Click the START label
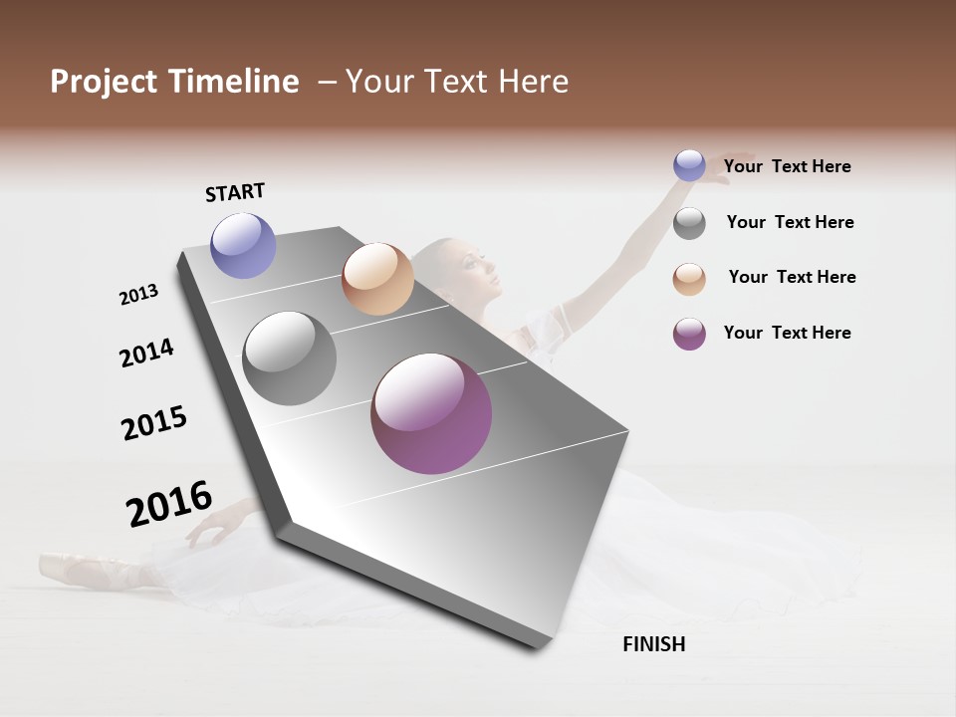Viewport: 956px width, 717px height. click(235, 192)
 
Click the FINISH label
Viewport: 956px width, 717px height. click(653, 644)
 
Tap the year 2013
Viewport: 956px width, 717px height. click(138, 294)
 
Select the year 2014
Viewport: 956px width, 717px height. click(146, 353)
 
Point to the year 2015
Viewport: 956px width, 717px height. click(154, 422)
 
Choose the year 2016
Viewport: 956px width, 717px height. click(169, 503)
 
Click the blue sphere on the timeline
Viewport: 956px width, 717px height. click(243, 245)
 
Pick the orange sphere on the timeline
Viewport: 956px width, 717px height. click(377, 279)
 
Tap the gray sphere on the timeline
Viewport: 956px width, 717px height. click(290, 358)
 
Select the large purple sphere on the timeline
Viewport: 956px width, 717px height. click(431, 413)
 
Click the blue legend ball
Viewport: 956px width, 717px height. click(689, 165)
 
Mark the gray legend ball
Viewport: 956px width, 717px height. click(689, 223)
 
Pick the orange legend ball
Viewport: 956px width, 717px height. click(689, 279)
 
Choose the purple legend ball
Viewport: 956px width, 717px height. click(689, 334)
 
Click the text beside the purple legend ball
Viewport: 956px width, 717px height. click(787, 333)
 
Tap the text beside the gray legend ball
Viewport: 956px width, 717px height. click(790, 222)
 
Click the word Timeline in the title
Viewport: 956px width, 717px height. click(234, 82)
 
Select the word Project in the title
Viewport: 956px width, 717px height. click(105, 82)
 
